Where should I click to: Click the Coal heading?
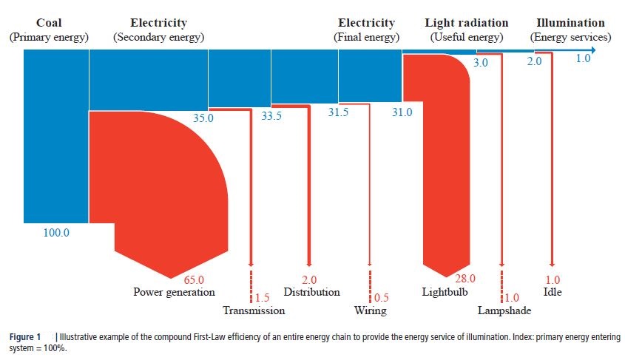[x=49, y=23]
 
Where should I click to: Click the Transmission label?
[x=254, y=310]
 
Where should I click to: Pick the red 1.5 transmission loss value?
[x=262, y=298]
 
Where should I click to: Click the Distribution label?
[x=311, y=292]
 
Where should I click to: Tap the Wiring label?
[x=369, y=310]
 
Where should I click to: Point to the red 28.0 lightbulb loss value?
[x=464, y=279]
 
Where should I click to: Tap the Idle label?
[x=553, y=292]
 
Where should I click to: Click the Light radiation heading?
[x=466, y=23]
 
